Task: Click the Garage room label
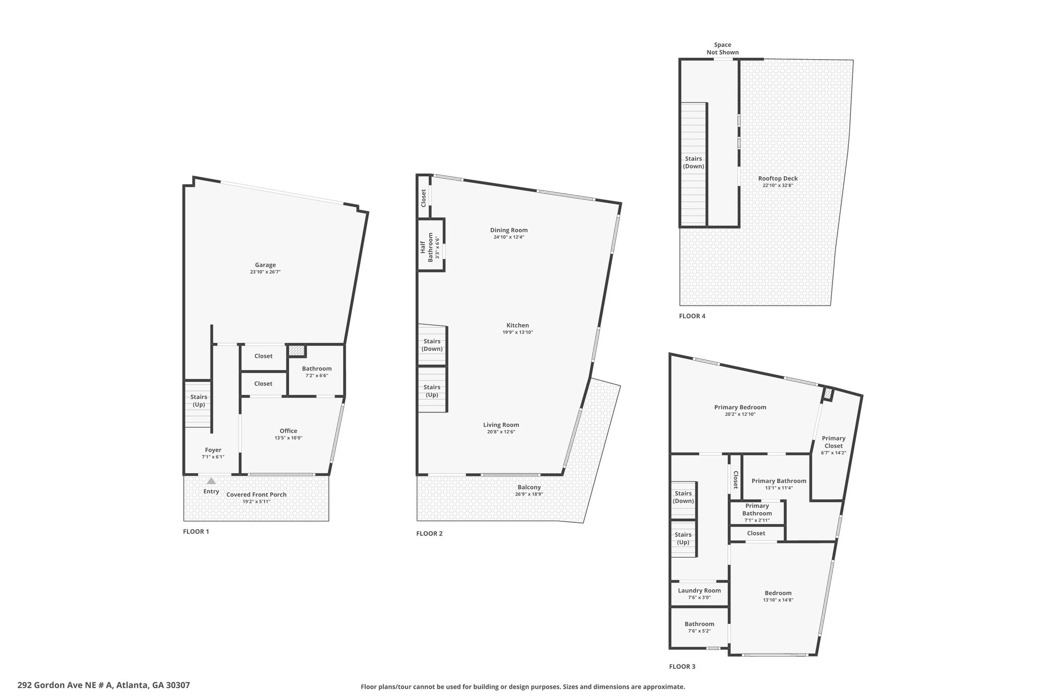tap(266, 265)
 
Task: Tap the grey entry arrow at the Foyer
tap(211, 480)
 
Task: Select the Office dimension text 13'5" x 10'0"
tap(289, 438)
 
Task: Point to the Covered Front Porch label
tap(256, 494)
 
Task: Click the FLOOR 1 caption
tap(196, 532)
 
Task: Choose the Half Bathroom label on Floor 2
tap(426, 247)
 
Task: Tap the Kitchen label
tap(518, 325)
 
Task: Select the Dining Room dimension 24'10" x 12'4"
tap(509, 237)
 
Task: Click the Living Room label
tap(501, 425)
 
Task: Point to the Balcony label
tap(529, 487)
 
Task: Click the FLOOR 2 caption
tap(430, 534)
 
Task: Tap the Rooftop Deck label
tap(778, 179)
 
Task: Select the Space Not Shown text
tap(723, 49)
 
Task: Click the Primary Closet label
tap(834, 442)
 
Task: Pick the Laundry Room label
tap(699, 591)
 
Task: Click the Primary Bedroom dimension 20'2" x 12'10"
tap(740, 414)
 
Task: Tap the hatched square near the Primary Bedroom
tap(828, 394)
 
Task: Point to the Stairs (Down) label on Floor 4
tap(694, 162)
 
